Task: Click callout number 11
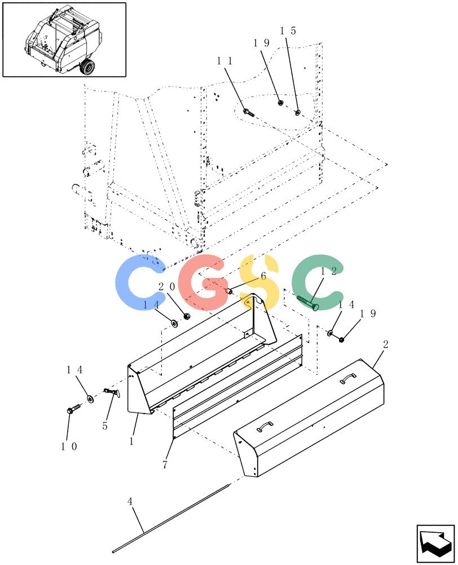(x=225, y=61)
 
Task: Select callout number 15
(x=288, y=31)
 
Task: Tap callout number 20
(x=166, y=287)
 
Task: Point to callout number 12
(x=328, y=271)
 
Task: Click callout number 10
(x=69, y=446)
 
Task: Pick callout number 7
(x=165, y=465)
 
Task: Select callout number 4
(x=130, y=501)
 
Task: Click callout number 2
(x=386, y=345)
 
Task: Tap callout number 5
(x=105, y=426)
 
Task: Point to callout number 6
(x=263, y=276)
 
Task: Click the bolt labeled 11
(x=249, y=112)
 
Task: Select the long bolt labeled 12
(x=307, y=302)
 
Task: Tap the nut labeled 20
(x=186, y=316)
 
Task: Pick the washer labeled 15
(x=298, y=113)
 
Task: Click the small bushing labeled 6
(x=229, y=290)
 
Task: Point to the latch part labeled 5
(x=112, y=393)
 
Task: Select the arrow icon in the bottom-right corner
(x=435, y=543)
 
